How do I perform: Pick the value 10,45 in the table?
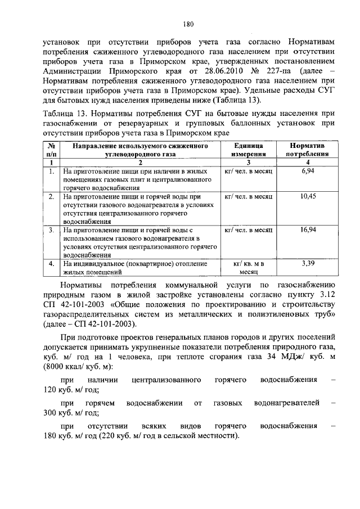(308, 196)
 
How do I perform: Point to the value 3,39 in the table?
(308, 263)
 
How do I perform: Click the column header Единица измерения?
(248, 149)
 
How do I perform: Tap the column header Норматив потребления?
(308, 149)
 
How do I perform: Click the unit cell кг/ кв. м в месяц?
(248, 267)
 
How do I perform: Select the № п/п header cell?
(51, 149)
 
